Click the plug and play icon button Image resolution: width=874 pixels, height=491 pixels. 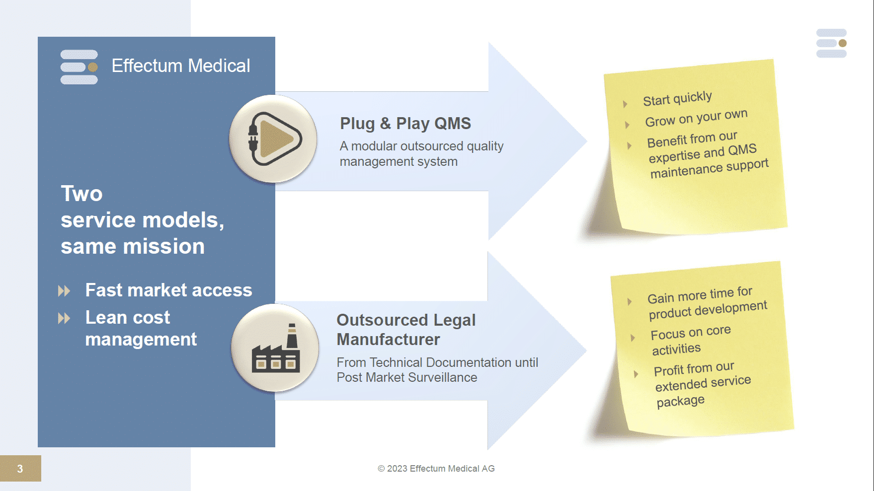273,139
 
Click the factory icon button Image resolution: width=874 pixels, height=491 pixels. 275,348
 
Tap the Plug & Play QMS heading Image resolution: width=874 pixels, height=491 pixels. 405,124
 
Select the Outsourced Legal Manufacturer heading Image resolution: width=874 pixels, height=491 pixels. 405,330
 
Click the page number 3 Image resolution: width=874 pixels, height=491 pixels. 20,469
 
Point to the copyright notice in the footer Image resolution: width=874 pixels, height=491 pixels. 436,469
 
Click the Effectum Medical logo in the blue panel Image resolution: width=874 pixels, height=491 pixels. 79,67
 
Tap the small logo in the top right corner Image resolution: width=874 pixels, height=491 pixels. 831,43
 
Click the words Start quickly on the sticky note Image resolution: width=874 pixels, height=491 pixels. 677,98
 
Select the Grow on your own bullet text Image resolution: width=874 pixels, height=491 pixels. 696,118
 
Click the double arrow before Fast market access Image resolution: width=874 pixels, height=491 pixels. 64,291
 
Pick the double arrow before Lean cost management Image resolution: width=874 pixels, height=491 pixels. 64,318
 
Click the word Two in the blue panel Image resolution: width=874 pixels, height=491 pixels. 81,194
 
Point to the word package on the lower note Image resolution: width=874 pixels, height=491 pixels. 680,401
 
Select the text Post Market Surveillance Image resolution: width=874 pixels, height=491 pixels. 406,378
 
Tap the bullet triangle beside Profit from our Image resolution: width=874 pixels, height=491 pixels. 636,374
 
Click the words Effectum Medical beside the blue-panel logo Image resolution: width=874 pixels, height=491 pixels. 181,66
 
